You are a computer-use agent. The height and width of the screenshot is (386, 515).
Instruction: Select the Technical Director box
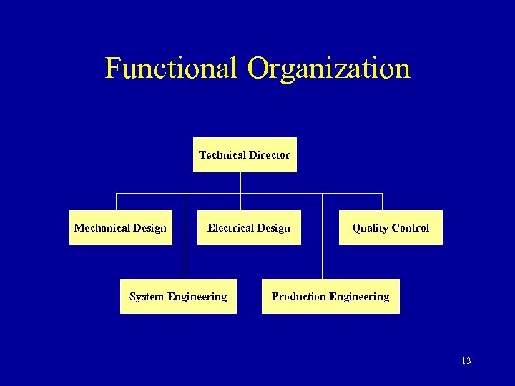pyautogui.click(x=245, y=155)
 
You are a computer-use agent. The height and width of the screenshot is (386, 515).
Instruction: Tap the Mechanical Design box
pyautogui.click(x=120, y=228)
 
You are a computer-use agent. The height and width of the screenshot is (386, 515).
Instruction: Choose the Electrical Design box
pyautogui.click(x=249, y=228)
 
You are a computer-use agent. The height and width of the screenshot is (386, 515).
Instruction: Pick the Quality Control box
pyautogui.click(x=391, y=228)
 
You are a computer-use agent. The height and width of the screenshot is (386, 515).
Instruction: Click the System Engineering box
pyautogui.click(x=178, y=297)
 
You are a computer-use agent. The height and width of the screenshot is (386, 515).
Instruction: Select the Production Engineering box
pyautogui.click(x=330, y=297)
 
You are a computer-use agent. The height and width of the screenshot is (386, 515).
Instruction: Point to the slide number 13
pyautogui.click(x=466, y=361)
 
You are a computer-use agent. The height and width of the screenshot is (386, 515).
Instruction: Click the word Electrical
pyautogui.click(x=229, y=228)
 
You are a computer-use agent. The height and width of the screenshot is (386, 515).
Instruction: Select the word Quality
pyautogui.click(x=370, y=228)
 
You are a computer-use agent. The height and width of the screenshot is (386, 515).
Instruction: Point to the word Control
pyautogui.click(x=410, y=228)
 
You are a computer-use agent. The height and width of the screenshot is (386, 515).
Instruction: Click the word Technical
pyautogui.click(x=222, y=155)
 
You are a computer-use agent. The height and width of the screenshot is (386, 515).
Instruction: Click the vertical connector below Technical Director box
pyautogui.click(x=241, y=183)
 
